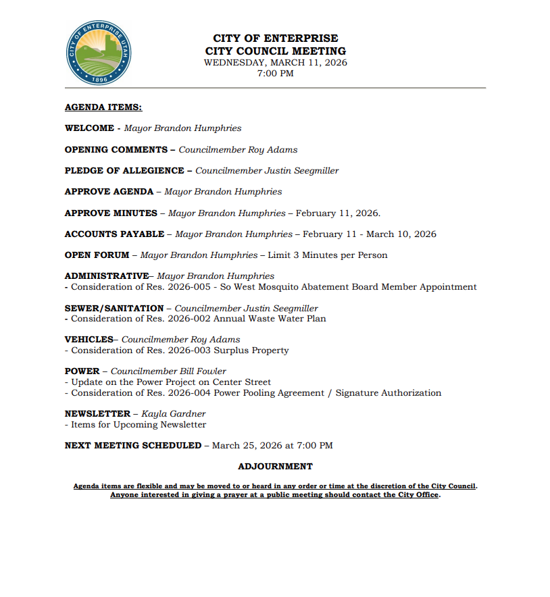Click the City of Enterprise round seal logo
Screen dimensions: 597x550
click(99, 53)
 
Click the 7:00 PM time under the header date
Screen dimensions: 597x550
click(275, 74)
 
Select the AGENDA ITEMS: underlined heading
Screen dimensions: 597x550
click(103, 107)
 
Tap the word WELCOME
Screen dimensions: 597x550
click(89, 128)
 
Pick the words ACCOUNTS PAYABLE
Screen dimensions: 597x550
click(114, 234)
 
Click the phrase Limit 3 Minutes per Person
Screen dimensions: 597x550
click(328, 255)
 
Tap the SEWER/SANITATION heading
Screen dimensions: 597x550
click(114, 309)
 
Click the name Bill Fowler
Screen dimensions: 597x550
click(203, 371)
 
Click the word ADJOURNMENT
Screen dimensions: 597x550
click(275, 467)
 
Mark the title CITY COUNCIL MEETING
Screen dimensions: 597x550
click(275, 51)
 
